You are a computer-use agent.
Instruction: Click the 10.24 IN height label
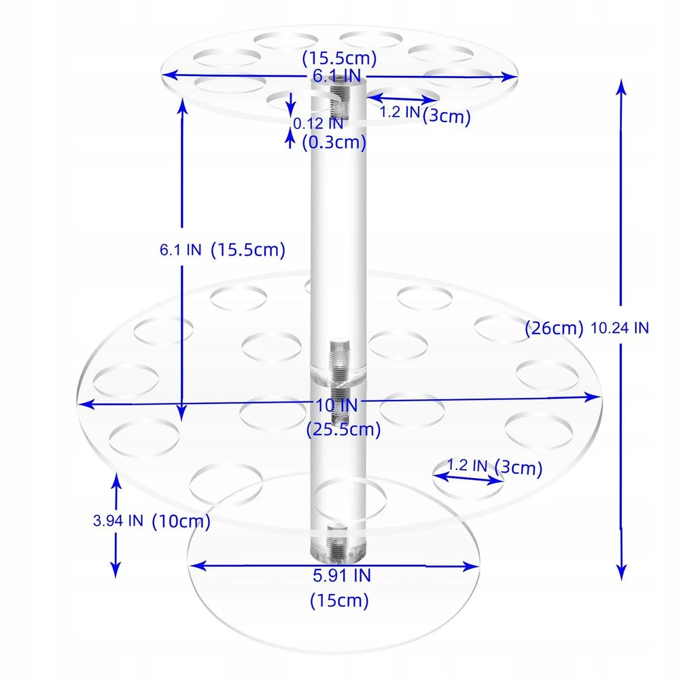620,328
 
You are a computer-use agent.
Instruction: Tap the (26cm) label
554,328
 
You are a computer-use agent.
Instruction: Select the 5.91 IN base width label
342,576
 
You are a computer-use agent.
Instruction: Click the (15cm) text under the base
340,601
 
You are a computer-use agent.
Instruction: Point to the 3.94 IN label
118,521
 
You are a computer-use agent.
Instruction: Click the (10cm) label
181,521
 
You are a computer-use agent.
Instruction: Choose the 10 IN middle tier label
336,405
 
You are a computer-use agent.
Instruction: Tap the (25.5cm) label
343,429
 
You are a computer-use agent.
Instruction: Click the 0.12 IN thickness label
318,124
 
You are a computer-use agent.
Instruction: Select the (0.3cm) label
334,142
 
